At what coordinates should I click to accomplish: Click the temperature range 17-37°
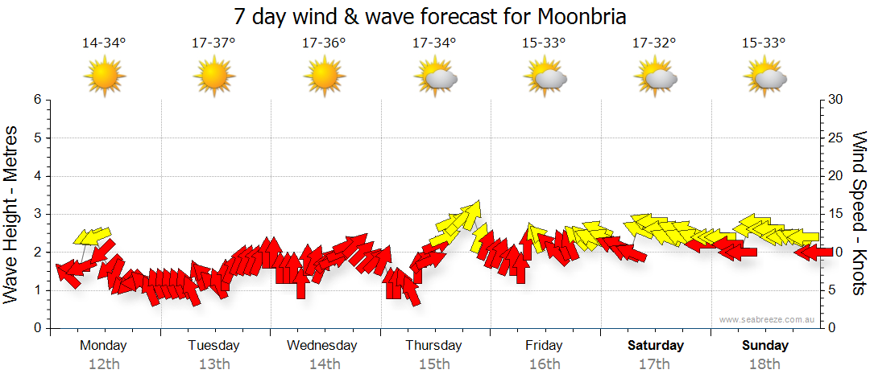point(213,43)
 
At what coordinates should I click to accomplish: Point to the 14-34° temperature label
point(104,43)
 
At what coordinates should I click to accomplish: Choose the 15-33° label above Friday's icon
point(544,43)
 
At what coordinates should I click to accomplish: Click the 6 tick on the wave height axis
point(37,100)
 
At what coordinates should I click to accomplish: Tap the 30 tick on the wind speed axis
point(836,100)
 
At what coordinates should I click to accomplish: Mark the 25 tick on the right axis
point(836,138)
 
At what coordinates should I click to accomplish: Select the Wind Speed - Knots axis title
point(859,213)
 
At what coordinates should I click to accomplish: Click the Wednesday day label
point(322,346)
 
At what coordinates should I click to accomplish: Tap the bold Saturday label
point(656,346)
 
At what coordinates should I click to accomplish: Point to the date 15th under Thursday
point(434,364)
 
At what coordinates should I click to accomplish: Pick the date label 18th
point(765,364)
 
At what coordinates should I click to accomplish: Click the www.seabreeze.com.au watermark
point(768,319)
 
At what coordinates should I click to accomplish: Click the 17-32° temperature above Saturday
point(654,43)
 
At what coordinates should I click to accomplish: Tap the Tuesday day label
point(213,346)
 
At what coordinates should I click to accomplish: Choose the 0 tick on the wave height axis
point(37,328)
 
